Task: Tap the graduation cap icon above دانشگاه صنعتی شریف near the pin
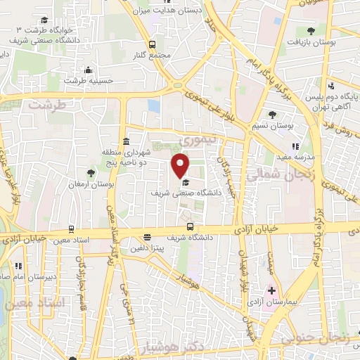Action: (186, 183)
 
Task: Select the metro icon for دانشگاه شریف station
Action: (191, 226)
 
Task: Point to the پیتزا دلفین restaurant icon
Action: (147, 238)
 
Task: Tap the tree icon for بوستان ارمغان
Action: (89, 173)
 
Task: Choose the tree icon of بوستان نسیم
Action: (272, 114)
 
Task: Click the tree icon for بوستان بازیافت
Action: (311, 30)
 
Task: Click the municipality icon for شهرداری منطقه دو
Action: (125, 139)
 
